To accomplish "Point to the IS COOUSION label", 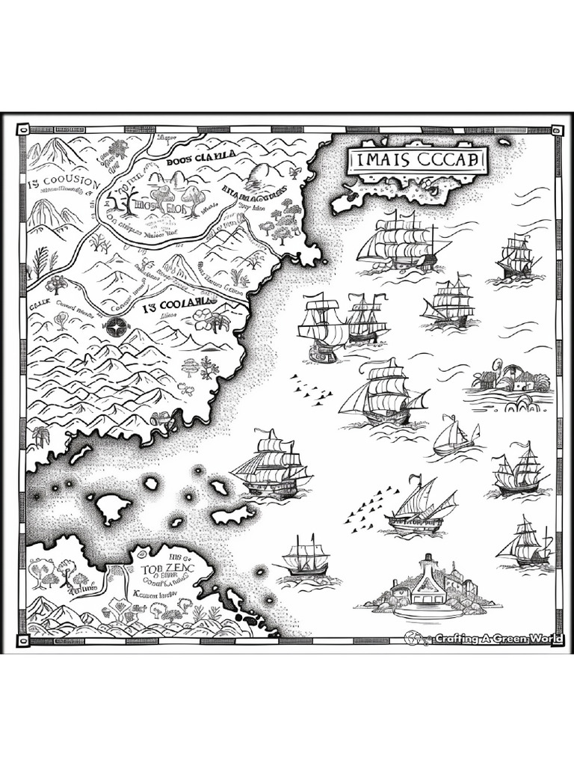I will point(64,183).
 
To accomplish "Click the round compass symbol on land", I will point(116,325).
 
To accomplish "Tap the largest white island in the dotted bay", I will point(111,509).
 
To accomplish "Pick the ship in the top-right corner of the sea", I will point(516,258).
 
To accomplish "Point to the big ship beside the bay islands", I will point(271,465).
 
